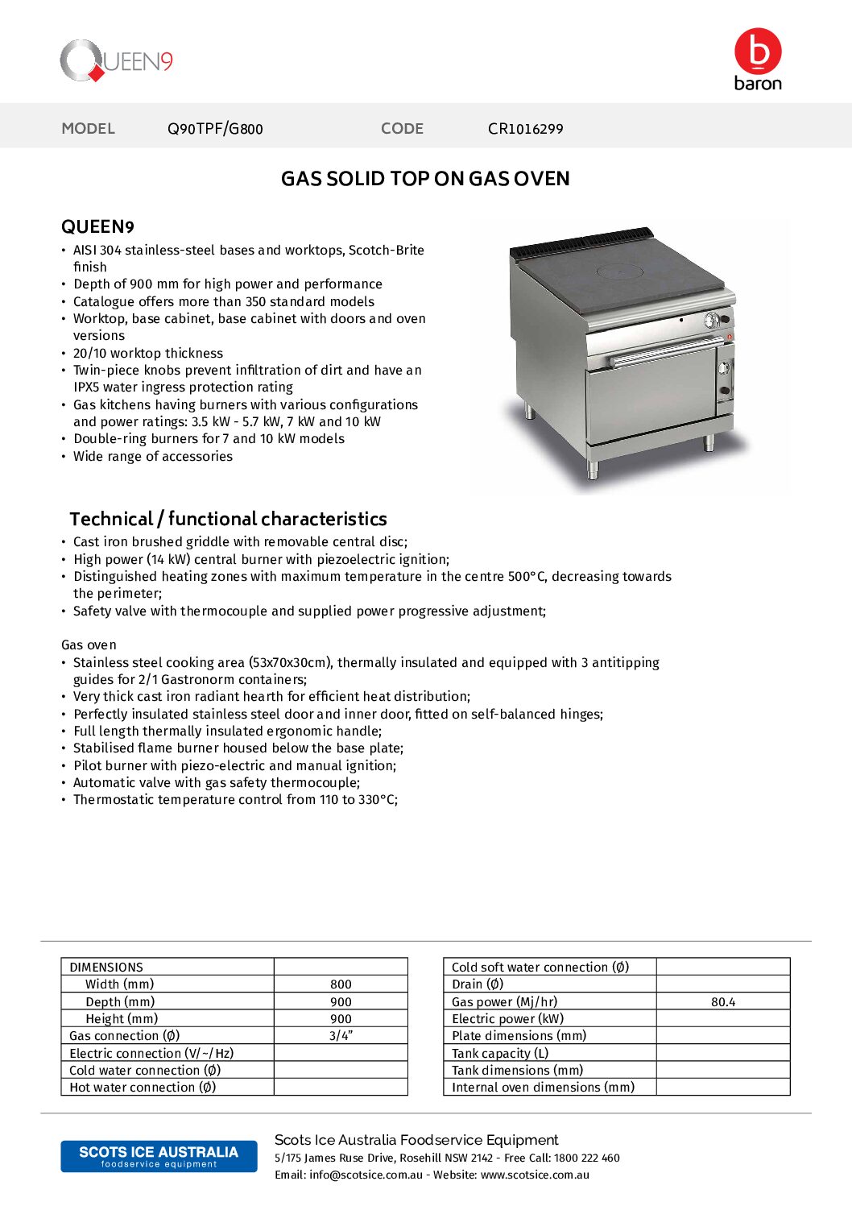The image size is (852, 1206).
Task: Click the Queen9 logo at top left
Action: click(116, 61)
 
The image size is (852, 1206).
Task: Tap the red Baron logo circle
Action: click(758, 51)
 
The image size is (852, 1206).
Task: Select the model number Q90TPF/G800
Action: click(215, 129)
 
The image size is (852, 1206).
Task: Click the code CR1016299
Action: click(525, 129)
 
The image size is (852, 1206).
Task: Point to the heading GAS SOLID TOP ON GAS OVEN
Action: click(425, 179)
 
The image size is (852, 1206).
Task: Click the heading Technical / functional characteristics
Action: click(228, 519)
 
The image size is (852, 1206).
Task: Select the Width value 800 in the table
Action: click(341, 984)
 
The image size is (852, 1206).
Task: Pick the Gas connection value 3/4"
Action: click(341, 1036)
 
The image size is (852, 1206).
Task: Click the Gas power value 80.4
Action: click(722, 1002)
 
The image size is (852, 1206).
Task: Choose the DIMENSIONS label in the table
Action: click(106, 968)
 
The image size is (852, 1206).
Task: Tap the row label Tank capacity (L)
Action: click(500, 1054)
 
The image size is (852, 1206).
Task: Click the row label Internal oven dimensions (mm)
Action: click(543, 1088)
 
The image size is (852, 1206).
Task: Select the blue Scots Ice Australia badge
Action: click(159, 1156)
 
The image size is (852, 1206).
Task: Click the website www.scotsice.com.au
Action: click(535, 1175)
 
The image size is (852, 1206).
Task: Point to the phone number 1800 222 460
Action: click(586, 1158)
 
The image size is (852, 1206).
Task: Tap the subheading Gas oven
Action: click(89, 645)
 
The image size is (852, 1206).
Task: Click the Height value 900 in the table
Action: click(341, 1019)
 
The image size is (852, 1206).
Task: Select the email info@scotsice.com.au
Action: click(366, 1175)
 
